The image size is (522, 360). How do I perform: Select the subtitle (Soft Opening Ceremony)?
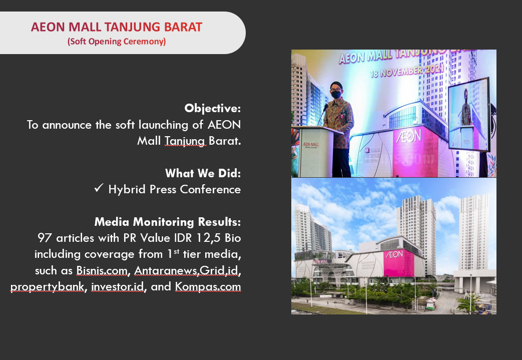tap(117, 41)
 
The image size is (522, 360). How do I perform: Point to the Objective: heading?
tap(212, 108)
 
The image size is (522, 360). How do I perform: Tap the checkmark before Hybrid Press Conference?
tap(99, 188)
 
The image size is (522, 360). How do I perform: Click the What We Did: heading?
tap(203, 173)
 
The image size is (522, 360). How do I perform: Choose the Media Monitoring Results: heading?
tap(168, 222)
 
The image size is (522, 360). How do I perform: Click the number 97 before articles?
tap(45, 238)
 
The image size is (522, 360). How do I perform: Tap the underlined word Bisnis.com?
tap(102, 270)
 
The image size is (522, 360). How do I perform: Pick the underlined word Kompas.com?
tap(208, 287)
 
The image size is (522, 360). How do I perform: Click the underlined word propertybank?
tap(47, 287)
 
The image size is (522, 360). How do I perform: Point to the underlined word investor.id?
tap(118, 287)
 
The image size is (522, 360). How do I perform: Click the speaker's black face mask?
tap(336, 94)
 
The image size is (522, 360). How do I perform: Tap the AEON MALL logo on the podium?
tap(311, 145)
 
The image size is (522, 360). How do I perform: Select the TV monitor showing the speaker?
tap(469, 114)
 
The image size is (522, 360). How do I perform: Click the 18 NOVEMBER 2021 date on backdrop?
tap(407, 71)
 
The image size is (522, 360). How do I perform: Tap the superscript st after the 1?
tap(176, 251)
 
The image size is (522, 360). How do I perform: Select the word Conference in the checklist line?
tap(210, 189)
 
